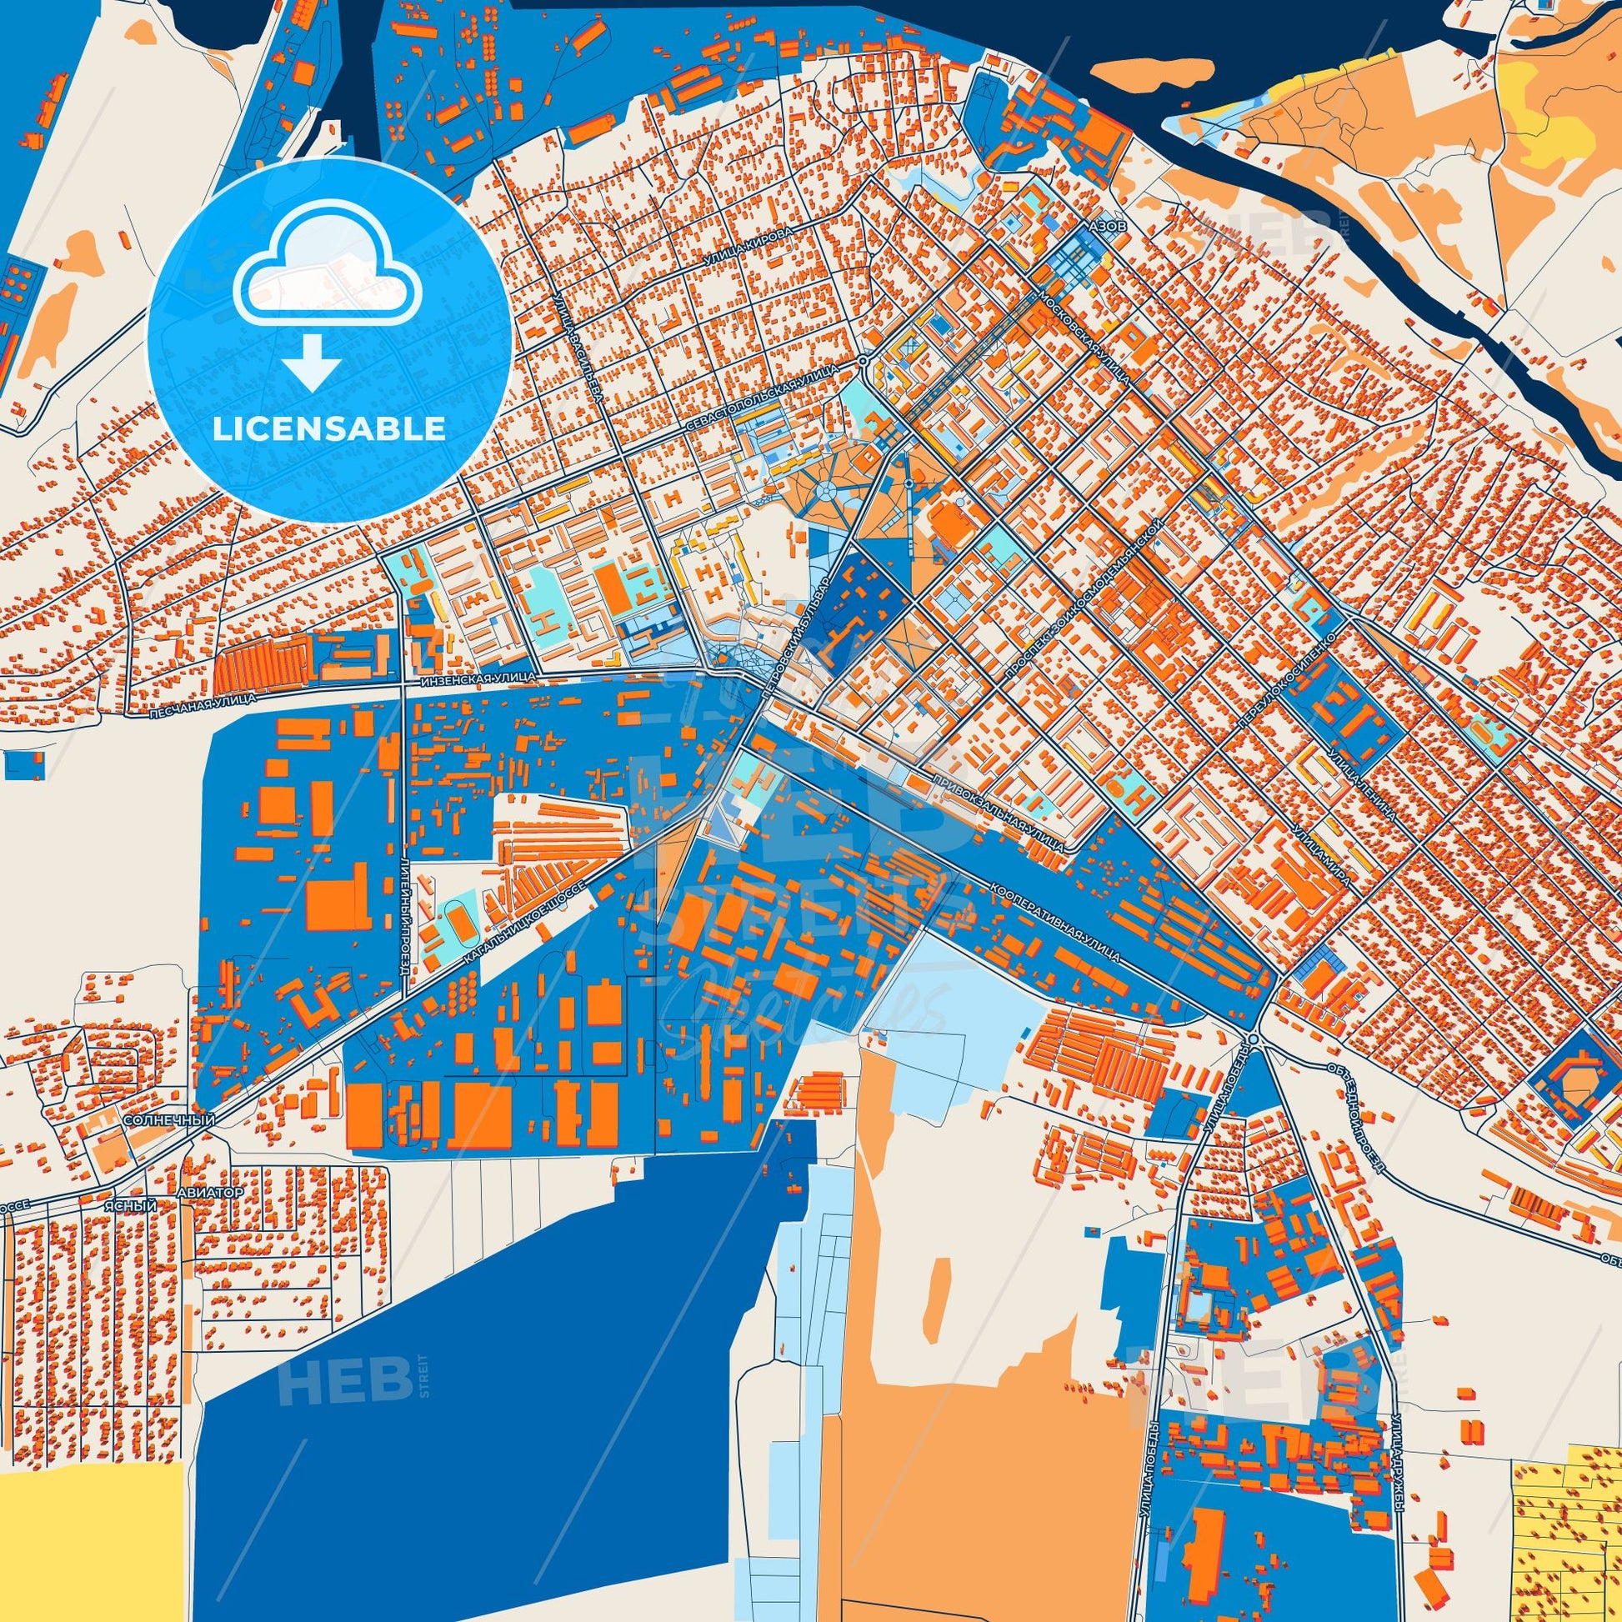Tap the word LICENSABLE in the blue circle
[x=328, y=429]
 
